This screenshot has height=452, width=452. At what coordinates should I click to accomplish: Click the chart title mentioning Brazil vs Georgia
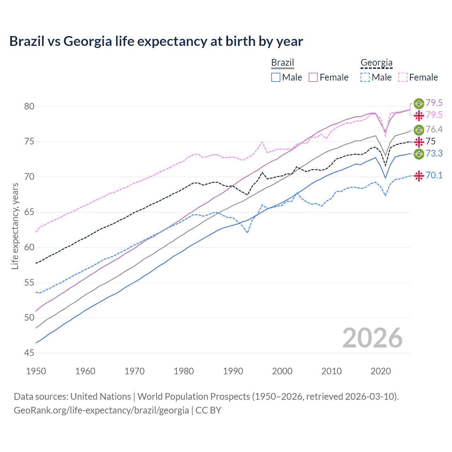(x=156, y=41)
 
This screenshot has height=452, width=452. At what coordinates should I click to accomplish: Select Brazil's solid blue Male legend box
(x=276, y=77)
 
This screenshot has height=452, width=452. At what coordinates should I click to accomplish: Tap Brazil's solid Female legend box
(x=313, y=77)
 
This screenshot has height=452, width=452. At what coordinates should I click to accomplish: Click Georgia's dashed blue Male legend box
(x=365, y=77)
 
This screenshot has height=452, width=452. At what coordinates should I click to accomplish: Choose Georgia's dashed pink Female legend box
(x=403, y=77)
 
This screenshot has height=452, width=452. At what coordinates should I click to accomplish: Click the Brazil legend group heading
(x=282, y=63)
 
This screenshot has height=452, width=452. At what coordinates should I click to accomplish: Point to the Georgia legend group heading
(x=376, y=63)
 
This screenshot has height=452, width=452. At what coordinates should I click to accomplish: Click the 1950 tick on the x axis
(x=36, y=371)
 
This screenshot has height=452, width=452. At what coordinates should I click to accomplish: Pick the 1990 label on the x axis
(x=233, y=371)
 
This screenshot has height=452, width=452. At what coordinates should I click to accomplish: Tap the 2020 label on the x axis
(x=381, y=371)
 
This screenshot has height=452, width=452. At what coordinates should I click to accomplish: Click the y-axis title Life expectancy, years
(x=15, y=226)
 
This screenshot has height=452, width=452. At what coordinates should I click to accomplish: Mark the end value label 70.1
(x=434, y=175)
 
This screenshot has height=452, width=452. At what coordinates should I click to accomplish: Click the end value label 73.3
(x=434, y=153)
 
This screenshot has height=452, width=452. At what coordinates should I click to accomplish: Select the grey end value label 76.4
(x=434, y=129)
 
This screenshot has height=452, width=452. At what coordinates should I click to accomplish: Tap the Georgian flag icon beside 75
(x=419, y=142)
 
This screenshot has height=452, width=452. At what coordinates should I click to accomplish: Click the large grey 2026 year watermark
(x=373, y=338)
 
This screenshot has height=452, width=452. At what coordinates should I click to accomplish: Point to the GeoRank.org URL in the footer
(x=101, y=410)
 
